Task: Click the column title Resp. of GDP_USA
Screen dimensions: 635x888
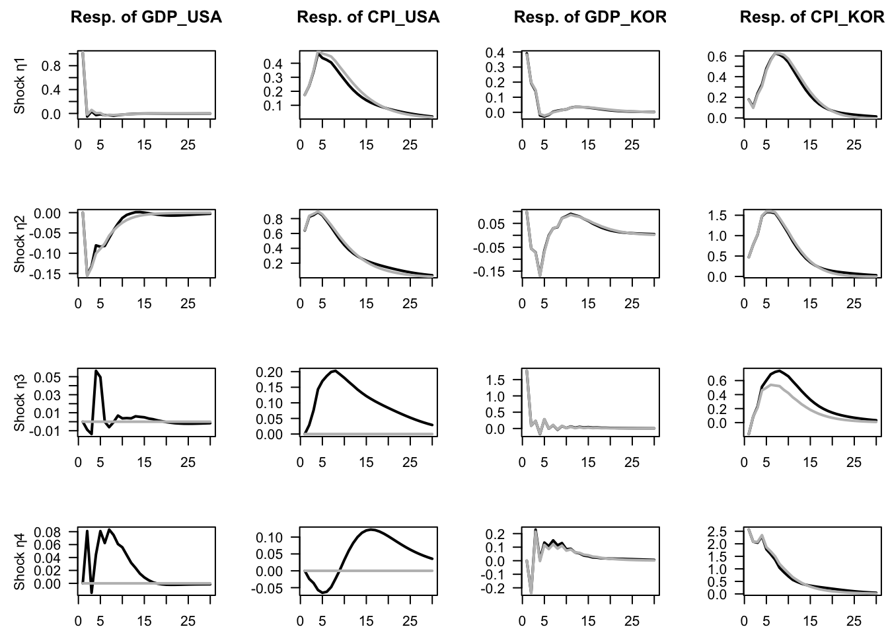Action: [146, 17]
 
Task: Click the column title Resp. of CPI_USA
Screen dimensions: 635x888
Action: [368, 17]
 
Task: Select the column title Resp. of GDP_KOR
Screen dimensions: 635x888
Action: [590, 17]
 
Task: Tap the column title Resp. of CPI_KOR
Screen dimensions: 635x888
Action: [812, 17]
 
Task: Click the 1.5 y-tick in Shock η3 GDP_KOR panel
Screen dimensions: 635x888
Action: [495, 380]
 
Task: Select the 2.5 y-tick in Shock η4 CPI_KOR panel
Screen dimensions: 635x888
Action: [717, 532]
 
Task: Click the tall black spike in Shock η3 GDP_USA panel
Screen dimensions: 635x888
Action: [96, 371]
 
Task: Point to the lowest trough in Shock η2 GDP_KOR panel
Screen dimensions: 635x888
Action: [540, 275]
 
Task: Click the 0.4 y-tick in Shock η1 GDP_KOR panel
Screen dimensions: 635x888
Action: [495, 52]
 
